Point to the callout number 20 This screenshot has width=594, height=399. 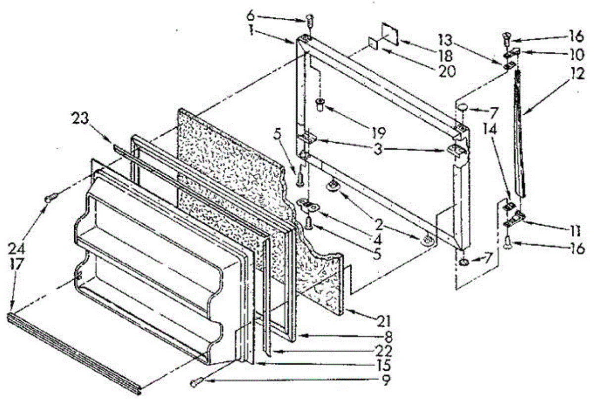click(445, 70)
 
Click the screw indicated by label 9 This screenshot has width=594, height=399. click(195, 382)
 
